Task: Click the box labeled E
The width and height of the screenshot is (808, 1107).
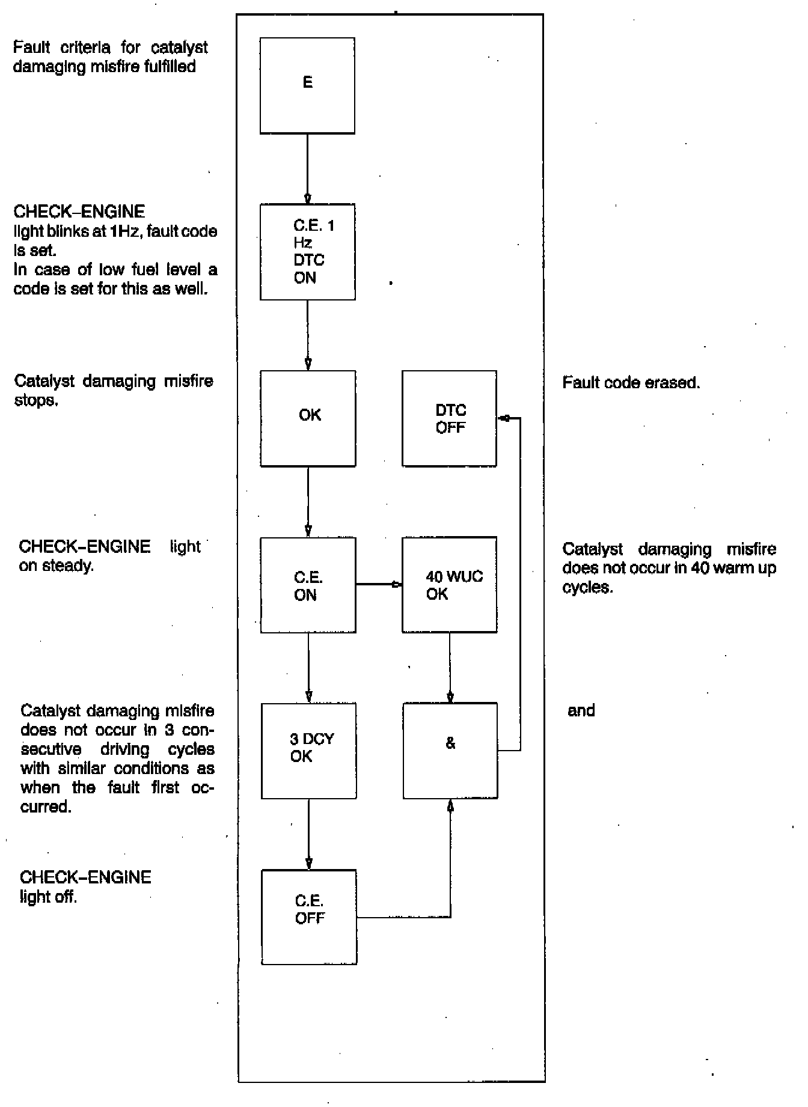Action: click(x=307, y=85)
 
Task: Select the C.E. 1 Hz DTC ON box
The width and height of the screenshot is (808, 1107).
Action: click(x=308, y=252)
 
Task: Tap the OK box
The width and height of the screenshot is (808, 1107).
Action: click(x=308, y=418)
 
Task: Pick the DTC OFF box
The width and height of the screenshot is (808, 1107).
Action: click(x=450, y=418)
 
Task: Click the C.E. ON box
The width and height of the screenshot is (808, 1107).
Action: click(x=308, y=585)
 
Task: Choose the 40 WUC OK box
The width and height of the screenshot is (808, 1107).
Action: click(x=450, y=585)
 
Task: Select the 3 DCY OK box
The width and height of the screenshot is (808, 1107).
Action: click(x=309, y=751)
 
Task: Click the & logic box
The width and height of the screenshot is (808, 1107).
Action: click(x=450, y=751)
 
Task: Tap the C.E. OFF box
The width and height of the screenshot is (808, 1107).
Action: click(x=309, y=917)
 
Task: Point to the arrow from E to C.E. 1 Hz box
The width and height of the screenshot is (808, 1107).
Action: click(x=307, y=169)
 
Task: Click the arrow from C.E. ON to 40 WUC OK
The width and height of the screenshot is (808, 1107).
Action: click(x=379, y=584)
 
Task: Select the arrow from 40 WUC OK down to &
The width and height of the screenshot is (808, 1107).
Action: click(x=450, y=668)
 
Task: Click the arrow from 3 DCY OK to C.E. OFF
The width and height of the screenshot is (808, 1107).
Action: click(x=309, y=834)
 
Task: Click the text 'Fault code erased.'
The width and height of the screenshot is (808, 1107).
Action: click(x=631, y=383)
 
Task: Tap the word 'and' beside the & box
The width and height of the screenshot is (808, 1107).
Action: click(x=581, y=711)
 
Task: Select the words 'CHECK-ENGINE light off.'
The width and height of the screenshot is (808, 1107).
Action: click(x=85, y=886)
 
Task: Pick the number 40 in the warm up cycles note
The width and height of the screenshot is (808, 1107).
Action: click(x=700, y=569)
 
